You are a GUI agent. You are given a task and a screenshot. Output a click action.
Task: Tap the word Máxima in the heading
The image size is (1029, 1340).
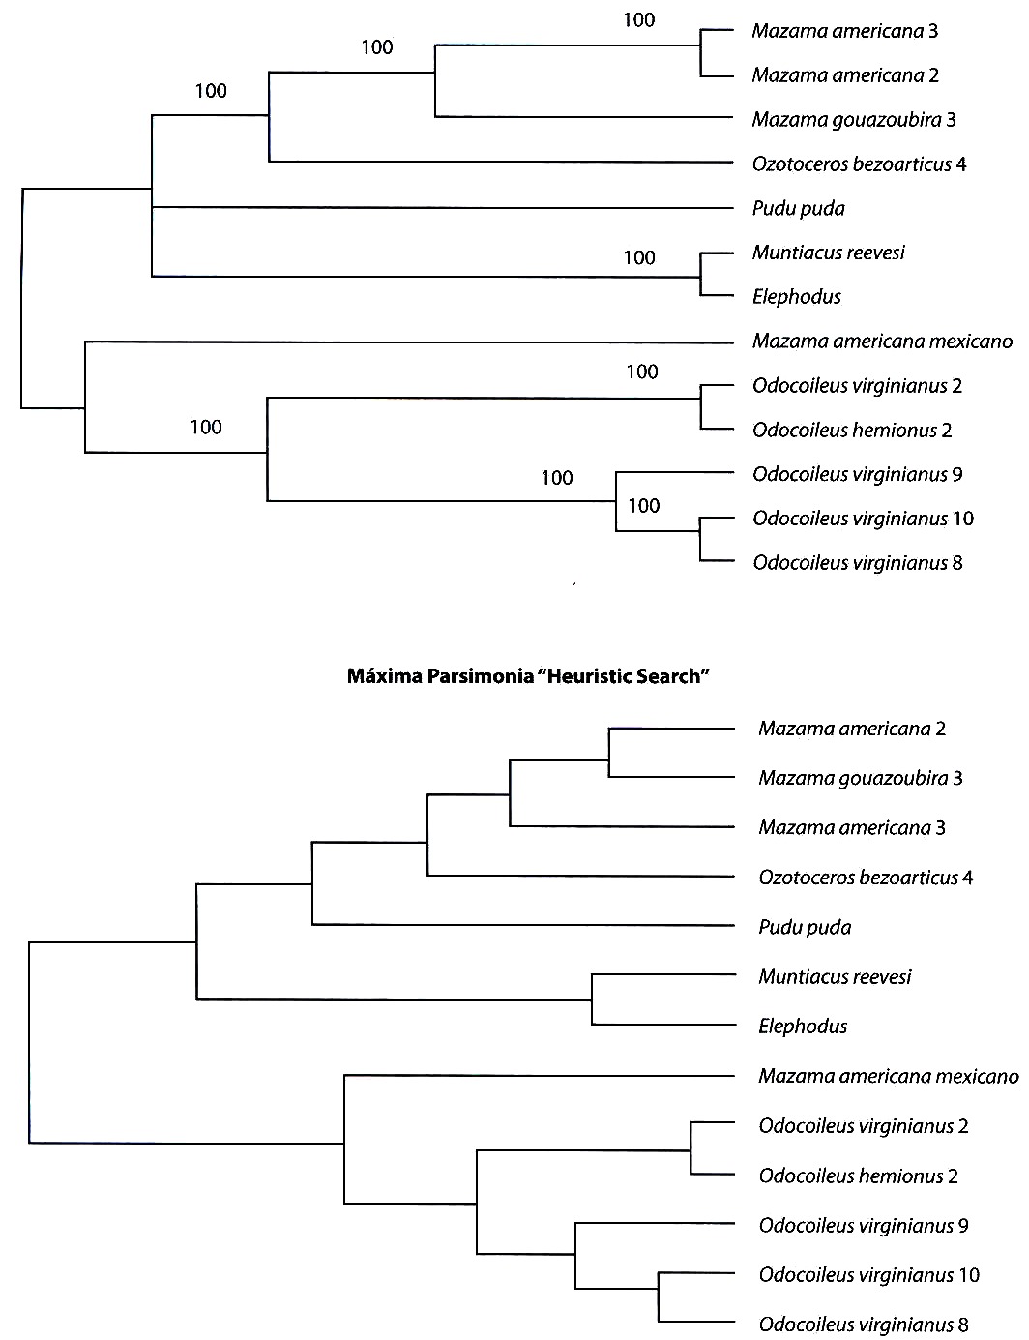(x=384, y=676)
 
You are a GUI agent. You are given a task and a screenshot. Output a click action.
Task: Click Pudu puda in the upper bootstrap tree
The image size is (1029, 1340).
(x=798, y=209)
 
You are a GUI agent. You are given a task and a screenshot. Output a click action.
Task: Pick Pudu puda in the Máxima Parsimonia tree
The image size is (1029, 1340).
(x=805, y=928)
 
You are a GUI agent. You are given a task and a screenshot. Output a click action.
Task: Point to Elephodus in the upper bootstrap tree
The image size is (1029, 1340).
(x=797, y=297)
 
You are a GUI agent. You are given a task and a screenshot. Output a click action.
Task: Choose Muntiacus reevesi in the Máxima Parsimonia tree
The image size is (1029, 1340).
(x=835, y=977)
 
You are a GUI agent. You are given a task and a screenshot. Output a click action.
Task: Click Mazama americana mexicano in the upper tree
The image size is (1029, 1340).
(x=882, y=341)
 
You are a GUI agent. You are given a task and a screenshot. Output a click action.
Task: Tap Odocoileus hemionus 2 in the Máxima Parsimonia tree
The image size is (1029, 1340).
(x=859, y=1176)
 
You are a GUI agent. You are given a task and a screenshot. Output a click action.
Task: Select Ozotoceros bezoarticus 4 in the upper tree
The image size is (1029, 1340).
(x=859, y=164)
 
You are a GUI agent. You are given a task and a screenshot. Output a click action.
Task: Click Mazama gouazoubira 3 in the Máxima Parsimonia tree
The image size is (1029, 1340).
(x=860, y=778)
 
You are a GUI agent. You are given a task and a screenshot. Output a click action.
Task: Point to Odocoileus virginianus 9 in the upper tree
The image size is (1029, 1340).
(x=857, y=474)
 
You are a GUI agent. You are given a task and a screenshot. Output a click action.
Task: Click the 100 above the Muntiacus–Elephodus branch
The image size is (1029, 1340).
(x=639, y=257)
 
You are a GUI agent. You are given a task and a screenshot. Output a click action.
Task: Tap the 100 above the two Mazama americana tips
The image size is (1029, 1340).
(x=639, y=20)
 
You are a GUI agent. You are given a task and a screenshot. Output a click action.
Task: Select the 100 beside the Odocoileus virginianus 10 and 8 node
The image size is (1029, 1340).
(x=644, y=506)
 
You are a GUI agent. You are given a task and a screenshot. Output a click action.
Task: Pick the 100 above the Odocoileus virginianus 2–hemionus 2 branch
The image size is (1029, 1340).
(x=642, y=372)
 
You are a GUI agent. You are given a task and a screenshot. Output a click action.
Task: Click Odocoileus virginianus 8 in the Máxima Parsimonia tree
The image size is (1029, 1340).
(x=864, y=1325)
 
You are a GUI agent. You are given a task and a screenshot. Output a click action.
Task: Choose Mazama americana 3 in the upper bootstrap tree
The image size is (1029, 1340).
(x=844, y=31)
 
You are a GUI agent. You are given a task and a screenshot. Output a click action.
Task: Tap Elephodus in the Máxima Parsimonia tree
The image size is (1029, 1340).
(x=803, y=1027)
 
